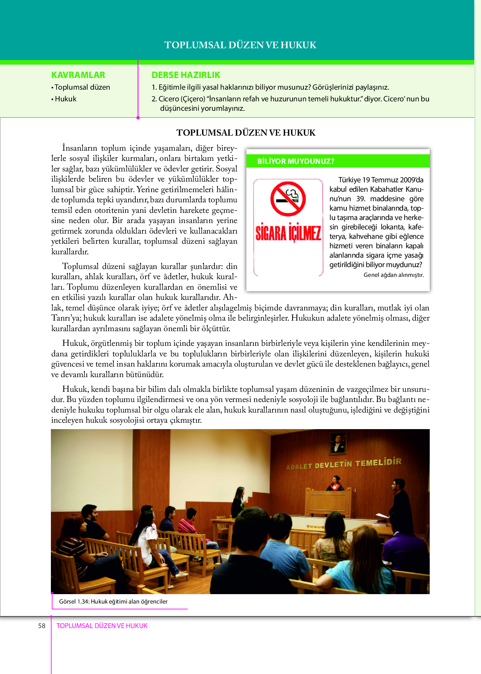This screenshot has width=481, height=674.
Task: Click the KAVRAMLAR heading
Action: click(78, 75)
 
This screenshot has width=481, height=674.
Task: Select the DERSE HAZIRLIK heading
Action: click(185, 75)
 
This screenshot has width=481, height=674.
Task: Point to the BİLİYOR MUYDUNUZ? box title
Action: click(296, 161)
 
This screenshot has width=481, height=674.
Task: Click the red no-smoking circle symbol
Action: click(288, 199)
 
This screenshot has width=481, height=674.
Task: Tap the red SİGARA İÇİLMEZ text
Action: click(288, 232)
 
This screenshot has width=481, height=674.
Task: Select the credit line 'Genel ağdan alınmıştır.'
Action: click(394, 275)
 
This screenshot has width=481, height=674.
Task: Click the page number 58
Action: click(41, 626)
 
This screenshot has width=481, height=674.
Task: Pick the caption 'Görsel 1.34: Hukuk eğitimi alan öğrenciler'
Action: click(113, 602)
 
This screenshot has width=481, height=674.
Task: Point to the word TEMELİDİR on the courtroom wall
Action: click(378, 462)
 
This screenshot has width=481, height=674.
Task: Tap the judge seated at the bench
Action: click(335, 484)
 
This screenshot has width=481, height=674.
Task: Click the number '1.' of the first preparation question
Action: click(154, 87)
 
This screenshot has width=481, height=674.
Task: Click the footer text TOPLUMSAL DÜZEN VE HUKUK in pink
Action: click(102, 626)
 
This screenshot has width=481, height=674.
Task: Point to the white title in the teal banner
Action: click(240, 45)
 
